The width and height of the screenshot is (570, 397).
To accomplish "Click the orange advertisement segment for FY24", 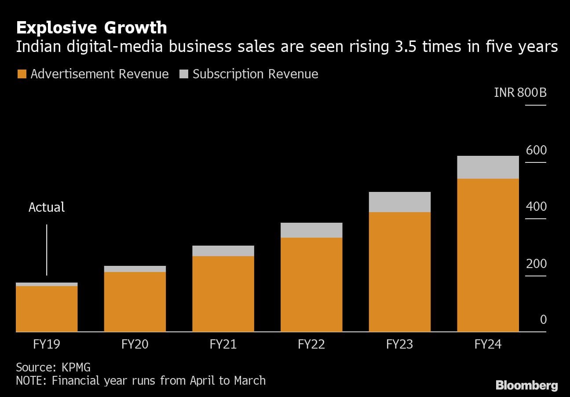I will pos(488,255).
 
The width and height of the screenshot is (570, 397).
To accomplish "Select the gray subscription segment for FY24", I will pos(488,167).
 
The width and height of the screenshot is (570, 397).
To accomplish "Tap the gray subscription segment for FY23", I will pos(399,202).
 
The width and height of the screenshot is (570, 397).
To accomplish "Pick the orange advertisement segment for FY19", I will pos(47,309).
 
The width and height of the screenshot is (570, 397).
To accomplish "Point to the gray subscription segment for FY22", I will pos(311,230).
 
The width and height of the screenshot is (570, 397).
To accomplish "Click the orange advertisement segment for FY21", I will pos(223,294).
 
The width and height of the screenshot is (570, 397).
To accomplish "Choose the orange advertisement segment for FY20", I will pos(135,302).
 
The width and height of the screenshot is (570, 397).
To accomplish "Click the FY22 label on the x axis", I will pos(311,344).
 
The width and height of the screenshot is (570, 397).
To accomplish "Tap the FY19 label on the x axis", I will pos(47,344).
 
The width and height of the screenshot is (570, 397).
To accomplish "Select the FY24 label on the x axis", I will pos(488,344).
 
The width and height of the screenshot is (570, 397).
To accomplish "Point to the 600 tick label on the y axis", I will pos(536,151).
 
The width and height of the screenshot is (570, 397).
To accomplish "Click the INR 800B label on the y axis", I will pos(520,93).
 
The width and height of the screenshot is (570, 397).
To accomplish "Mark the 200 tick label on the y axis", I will pos(536,264).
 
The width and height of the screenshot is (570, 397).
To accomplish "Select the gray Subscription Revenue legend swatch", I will pos(184,74).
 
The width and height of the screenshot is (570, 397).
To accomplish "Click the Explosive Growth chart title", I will pos(91,28).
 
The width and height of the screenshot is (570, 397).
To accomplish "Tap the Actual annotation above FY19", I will pos(47,207).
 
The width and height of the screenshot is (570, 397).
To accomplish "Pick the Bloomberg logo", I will pos(526,386).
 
